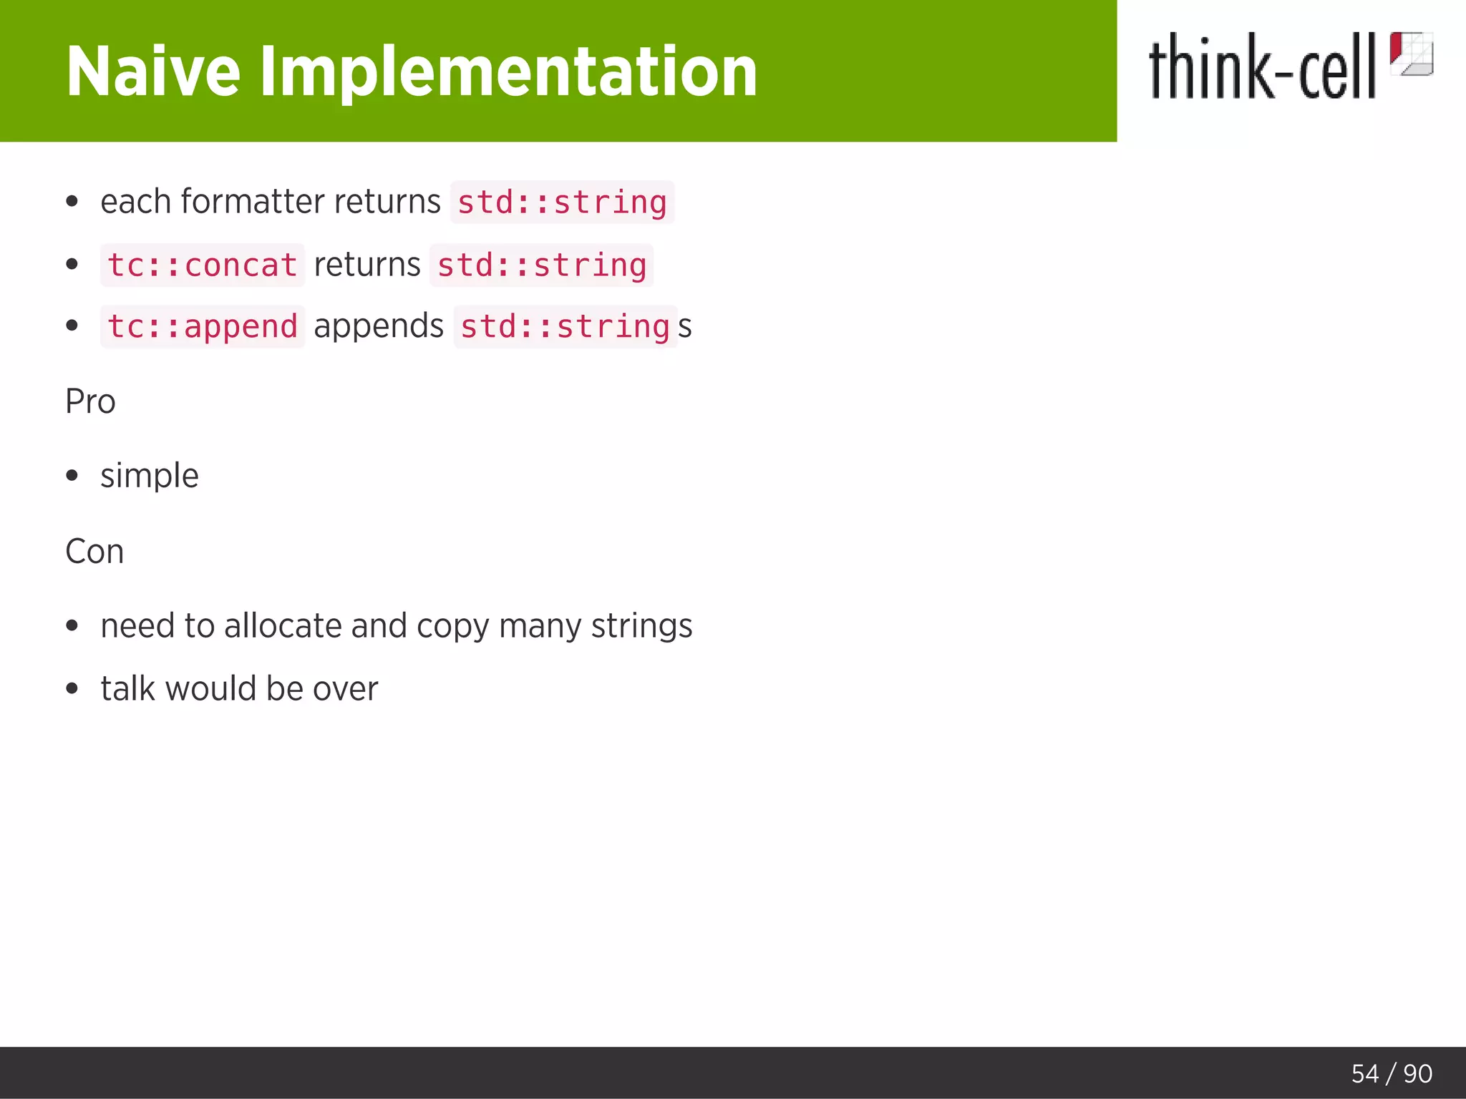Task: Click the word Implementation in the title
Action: [508, 72]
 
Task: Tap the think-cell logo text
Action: [1261, 68]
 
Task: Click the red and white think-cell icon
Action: [1411, 54]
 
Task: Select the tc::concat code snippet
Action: [203, 265]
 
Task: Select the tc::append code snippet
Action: [203, 327]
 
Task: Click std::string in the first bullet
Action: [562, 202]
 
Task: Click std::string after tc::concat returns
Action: [541, 265]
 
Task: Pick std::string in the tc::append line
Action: [565, 327]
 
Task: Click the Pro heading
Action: [90, 401]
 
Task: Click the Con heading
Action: [94, 552]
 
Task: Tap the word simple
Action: [150, 476]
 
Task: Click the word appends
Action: [379, 326]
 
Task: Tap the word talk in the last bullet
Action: [128, 688]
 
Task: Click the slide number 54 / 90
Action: [1391, 1073]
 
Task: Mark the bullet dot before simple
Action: [72, 476]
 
